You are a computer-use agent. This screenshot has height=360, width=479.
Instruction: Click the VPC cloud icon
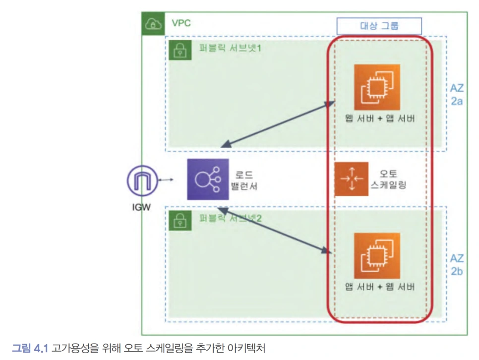[x=152, y=23]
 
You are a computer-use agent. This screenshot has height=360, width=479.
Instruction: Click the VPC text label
[x=181, y=23]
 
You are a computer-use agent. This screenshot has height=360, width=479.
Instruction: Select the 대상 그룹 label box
[x=379, y=26]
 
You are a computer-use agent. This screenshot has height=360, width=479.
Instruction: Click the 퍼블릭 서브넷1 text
[x=230, y=49]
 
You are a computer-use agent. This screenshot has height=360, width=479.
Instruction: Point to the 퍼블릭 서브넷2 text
[x=230, y=218]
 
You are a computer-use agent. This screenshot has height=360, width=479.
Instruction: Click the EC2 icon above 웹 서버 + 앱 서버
[x=377, y=87]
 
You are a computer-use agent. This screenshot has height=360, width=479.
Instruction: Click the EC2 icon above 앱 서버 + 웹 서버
[x=377, y=255]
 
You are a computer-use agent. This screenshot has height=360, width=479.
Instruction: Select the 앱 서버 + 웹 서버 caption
[x=380, y=287]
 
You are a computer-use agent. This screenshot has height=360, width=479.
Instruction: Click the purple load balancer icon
[x=208, y=180]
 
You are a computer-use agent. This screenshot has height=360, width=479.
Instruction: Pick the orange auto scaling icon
[x=351, y=179]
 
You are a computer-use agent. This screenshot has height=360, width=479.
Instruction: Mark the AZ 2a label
[x=457, y=94]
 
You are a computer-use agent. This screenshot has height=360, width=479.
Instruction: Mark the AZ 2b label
[x=457, y=264]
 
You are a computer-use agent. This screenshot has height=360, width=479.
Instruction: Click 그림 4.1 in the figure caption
[x=29, y=348]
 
